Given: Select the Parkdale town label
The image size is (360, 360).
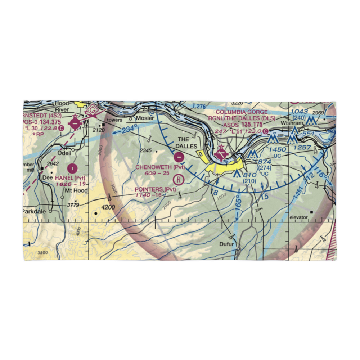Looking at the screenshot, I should (34, 211).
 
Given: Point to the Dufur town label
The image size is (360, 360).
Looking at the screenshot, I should (227, 244).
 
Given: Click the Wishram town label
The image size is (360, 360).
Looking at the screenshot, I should (290, 122).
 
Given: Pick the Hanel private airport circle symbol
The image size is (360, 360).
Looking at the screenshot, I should (73, 168).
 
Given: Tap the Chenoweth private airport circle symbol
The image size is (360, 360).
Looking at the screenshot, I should (179, 157).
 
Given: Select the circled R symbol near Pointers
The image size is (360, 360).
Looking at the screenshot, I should (179, 179).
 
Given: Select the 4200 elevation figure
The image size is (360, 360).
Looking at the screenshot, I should (108, 207).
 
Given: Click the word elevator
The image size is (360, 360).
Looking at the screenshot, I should (298, 217).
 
